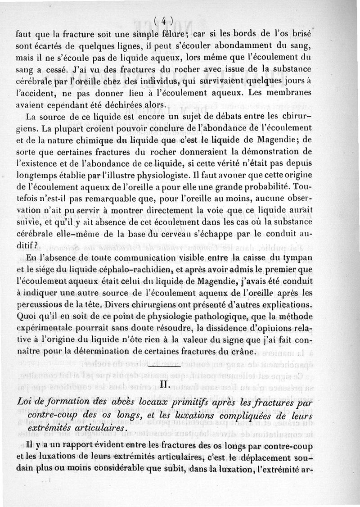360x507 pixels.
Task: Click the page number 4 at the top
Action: (163, 20)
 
